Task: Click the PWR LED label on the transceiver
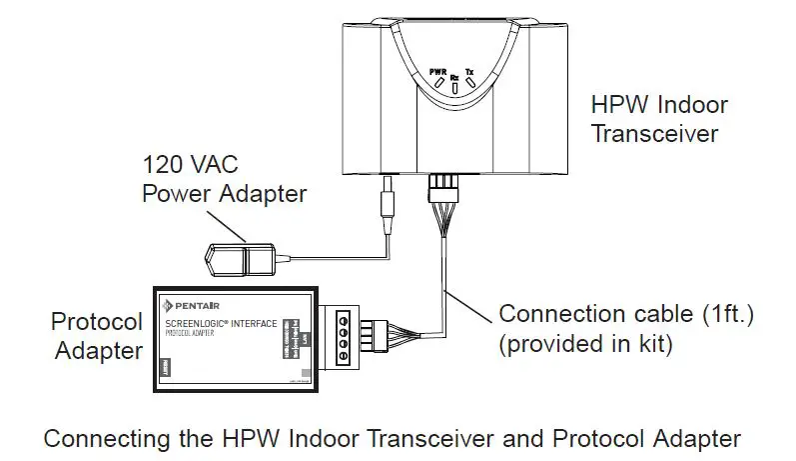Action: coord(436,72)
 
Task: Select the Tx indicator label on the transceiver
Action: coord(471,72)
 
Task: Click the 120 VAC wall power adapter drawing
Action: coord(239,258)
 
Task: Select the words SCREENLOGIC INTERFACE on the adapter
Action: coord(214,322)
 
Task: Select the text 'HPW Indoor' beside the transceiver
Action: coord(658,104)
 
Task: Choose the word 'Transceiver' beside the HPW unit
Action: coord(654,133)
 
